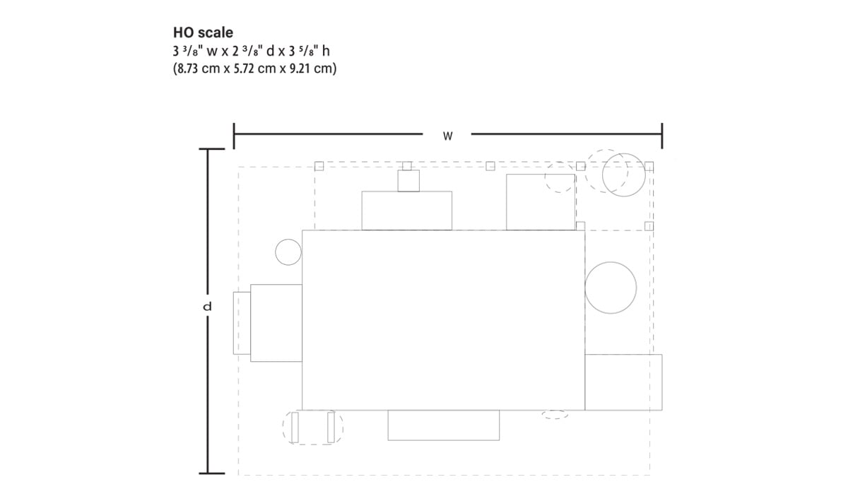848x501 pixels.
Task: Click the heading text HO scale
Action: pyautogui.click(x=203, y=33)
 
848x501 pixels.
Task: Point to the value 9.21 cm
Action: pyautogui.click(x=309, y=69)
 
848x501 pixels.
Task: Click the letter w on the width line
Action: pyautogui.click(x=447, y=136)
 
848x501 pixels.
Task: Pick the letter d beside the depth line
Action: pyautogui.click(x=207, y=307)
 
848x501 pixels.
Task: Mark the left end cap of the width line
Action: pyautogui.click(x=234, y=136)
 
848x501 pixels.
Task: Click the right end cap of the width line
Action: pyautogui.click(x=661, y=136)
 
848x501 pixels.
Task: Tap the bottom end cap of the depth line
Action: pyautogui.click(x=208, y=473)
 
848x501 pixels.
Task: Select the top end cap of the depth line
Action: pyautogui.click(x=208, y=149)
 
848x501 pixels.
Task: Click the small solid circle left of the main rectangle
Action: pyautogui.click(x=288, y=252)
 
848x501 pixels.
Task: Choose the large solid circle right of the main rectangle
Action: pyautogui.click(x=611, y=288)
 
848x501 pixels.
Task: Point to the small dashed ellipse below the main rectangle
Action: pyautogui.click(x=555, y=415)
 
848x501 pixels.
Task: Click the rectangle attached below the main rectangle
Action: pyautogui.click(x=443, y=425)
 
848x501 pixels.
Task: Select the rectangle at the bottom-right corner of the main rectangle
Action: pyautogui.click(x=623, y=382)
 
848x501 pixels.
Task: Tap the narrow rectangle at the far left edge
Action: pyautogui.click(x=242, y=322)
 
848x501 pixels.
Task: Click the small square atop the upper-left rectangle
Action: pyautogui.click(x=408, y=181)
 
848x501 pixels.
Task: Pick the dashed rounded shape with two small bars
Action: pyautogui.click(x=313, y=428)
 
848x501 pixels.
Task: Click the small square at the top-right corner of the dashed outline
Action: pyautogui.click(x=649, y=166)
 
